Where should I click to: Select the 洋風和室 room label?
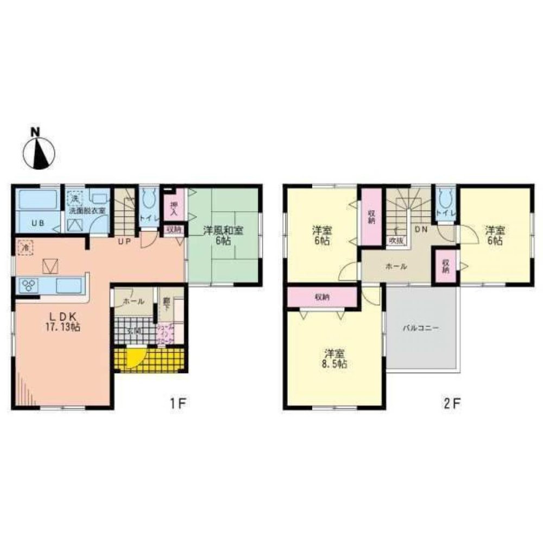(x=223, y=230)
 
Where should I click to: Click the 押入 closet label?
(x=174, y=207)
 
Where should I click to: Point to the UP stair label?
(x=124, y=242)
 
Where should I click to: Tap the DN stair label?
(x=420, y=230)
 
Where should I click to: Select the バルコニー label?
(x=420, y=328)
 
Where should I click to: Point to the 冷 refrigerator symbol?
(x=25, y=248)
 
